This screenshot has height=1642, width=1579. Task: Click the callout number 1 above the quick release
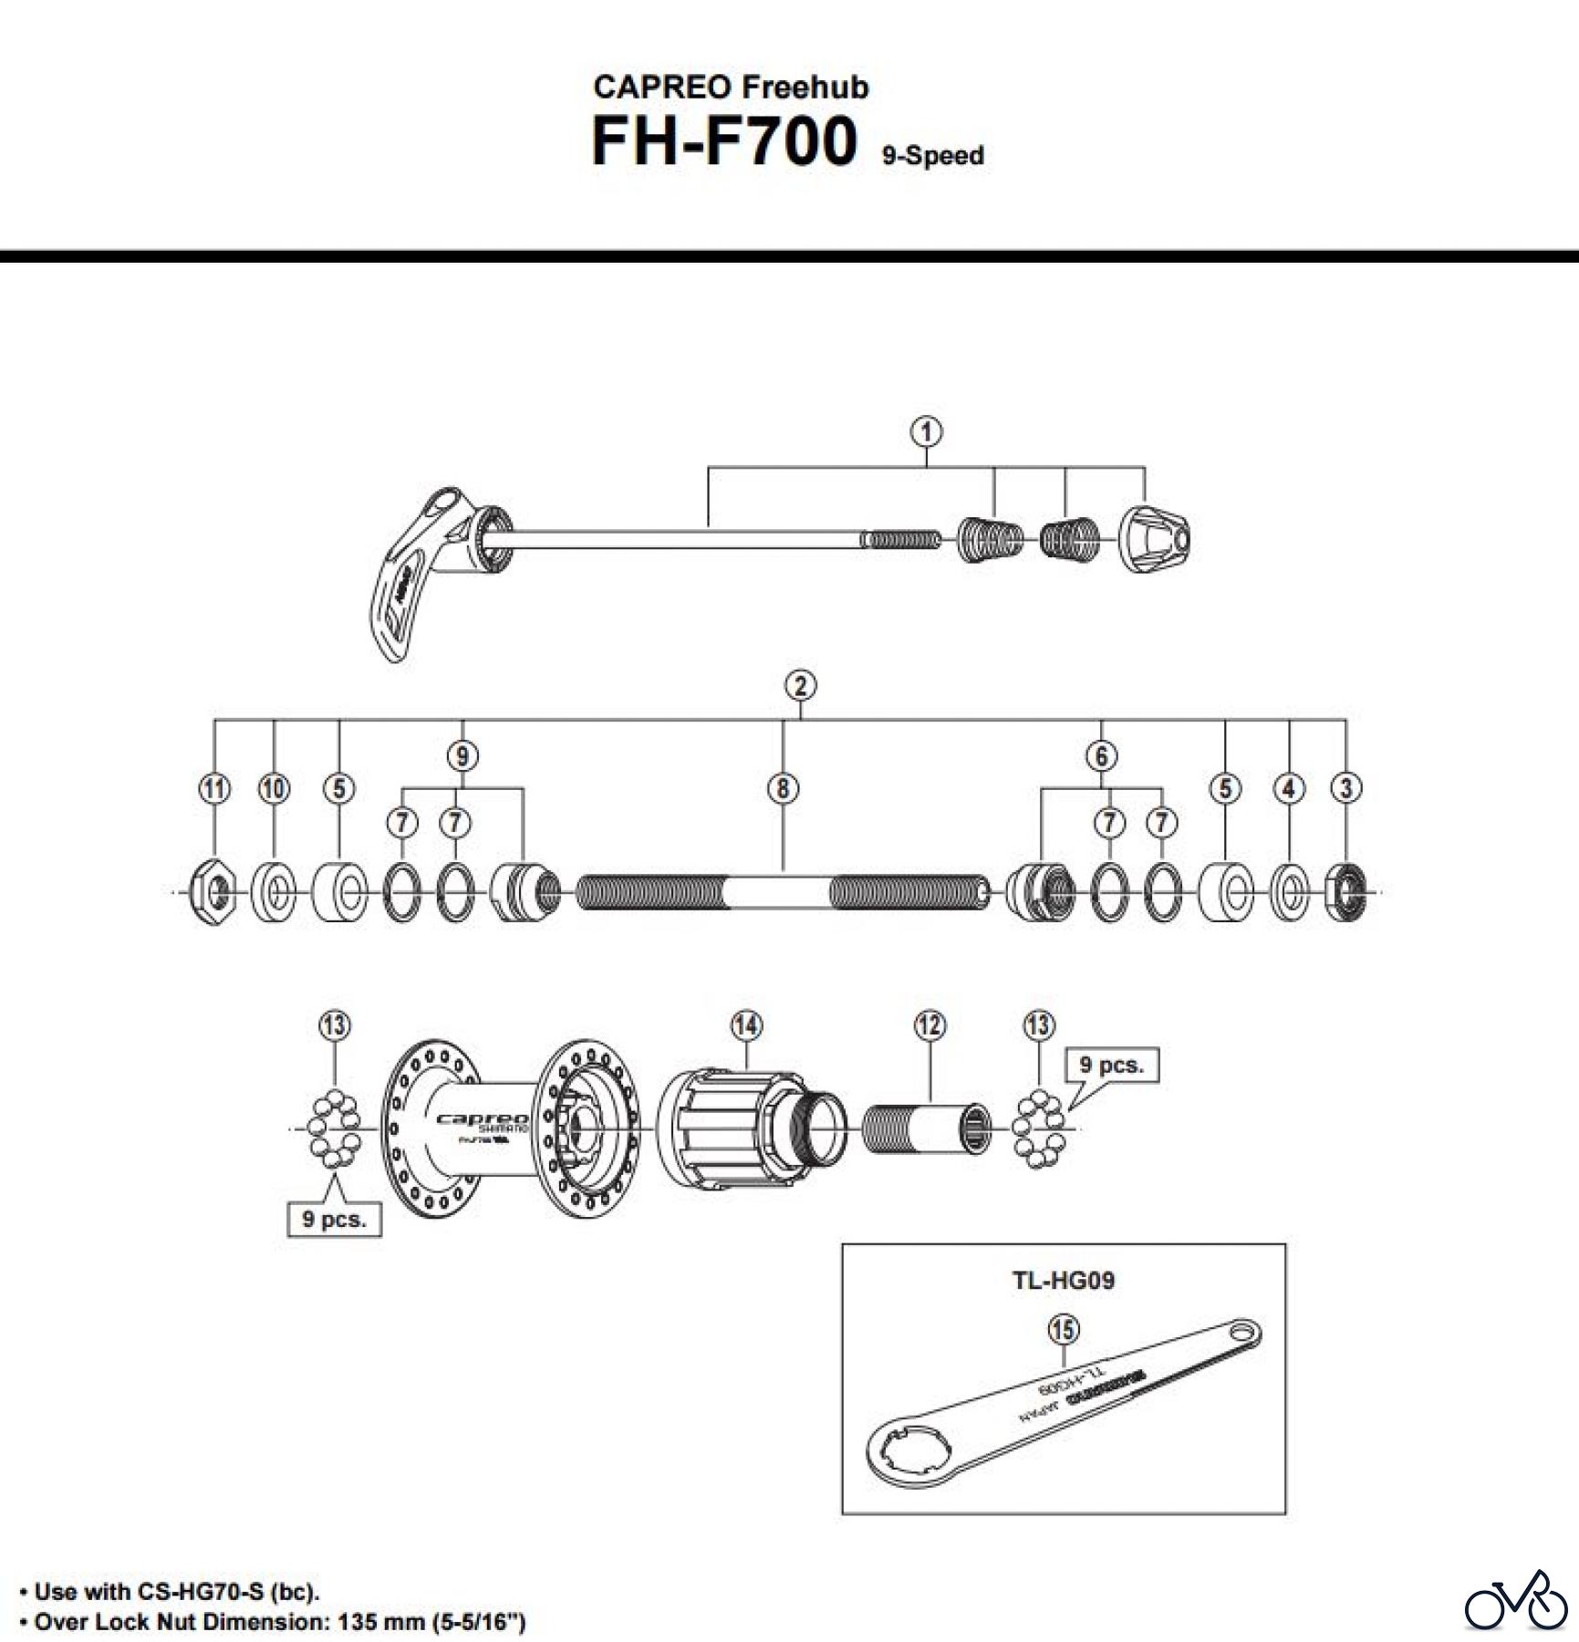point(927,432)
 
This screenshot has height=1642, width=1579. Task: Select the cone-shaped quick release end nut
point(1154,539)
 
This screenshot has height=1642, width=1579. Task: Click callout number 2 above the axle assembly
point(800,686)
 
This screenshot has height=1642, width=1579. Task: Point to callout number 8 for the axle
point(783,789)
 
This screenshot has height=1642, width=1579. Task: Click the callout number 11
point(214,789)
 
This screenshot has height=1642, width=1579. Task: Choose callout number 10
point(275,789)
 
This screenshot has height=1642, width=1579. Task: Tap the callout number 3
point(1346,789)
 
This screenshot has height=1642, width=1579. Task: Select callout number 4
point(1289,789)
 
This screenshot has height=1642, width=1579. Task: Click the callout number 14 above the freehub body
point(746,1026)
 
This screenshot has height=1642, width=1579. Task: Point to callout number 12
point(930,1026)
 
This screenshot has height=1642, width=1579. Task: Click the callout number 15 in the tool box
point(1063,1330)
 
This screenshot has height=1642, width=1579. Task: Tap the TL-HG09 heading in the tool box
point(1064,1281)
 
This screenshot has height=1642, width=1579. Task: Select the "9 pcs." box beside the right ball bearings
point(1112,1065)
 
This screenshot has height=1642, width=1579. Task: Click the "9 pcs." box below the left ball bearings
point(335,1219)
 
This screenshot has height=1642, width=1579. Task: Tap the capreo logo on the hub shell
point(483,1119)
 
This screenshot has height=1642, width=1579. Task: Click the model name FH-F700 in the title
point(725,141)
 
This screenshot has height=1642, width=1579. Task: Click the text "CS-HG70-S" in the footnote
point(200,1593)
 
